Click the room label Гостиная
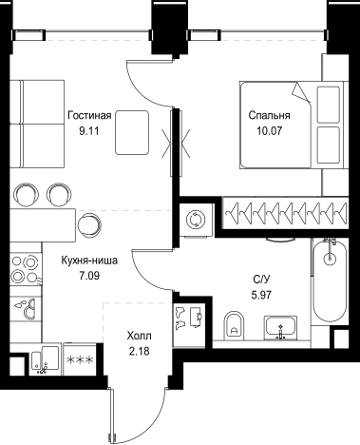89,115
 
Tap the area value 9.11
89,130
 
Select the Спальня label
269,115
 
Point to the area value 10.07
269,130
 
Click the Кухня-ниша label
89,261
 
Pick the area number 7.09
89,276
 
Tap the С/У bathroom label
261,280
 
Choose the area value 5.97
261,295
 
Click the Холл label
139,336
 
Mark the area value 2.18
139,351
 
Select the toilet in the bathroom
235,324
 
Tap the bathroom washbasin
280,326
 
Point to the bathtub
330,281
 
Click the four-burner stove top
26,269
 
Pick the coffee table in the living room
132,132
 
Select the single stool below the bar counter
90,225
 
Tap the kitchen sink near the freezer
46,359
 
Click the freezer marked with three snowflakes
80,359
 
